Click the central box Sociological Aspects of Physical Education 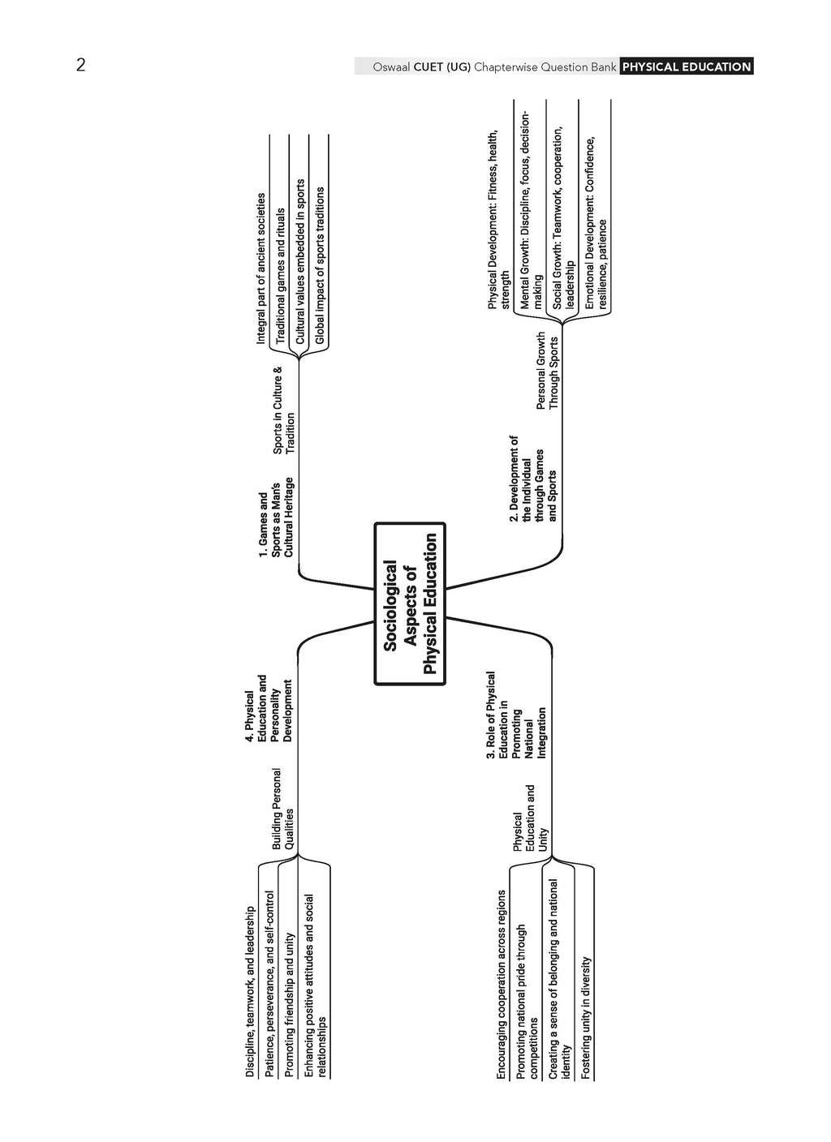pos(410,603)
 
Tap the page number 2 pos(80,65)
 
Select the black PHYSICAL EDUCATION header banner pos(687,67)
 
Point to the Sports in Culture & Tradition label pos(284,410)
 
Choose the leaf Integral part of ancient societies pos(260,268)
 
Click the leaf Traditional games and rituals pos(280,275)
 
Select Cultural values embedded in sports pos(300,260)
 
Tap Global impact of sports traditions pos(320,265)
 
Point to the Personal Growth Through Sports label pos(547,371)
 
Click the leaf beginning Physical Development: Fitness pos(498,221)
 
